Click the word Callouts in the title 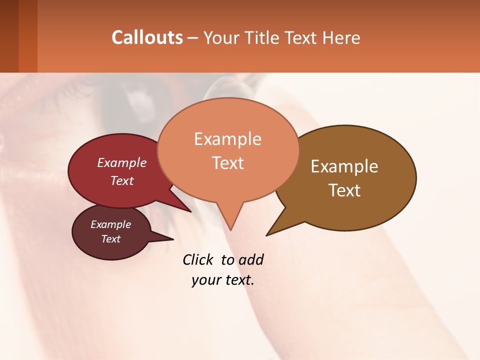click(147, 37)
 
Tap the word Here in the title click(342, 38)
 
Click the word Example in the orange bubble click(227, 139)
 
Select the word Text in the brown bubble click(344, 190)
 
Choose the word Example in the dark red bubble click(122, 162)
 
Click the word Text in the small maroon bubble click(110, 239)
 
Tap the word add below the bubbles click(251, 259)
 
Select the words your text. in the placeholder click(223, 280)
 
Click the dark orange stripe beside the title click(28, 36)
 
